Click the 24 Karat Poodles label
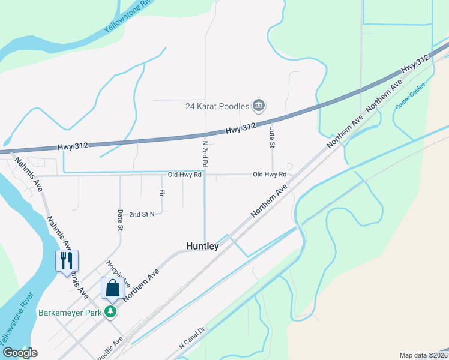[217, 106]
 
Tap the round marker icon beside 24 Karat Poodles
[259, 106]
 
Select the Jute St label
[272, 137]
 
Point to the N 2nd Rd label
[205, 154]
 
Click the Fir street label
[161, 193]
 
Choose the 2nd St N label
[142, 214]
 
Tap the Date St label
[120, 220]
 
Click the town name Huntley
[202, 246]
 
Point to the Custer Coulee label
[411, 95]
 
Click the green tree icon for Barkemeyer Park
[110, 312]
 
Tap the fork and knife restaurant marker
[67, 260]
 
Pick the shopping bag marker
[112, 288]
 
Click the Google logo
[20, 353]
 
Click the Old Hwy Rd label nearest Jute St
[270, 175]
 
